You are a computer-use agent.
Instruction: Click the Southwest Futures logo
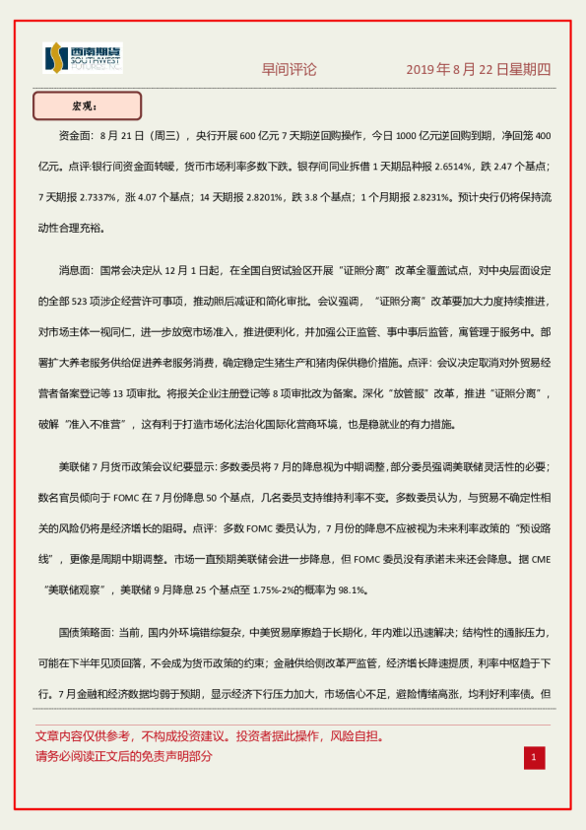pyautogui.click(x=83, y=58)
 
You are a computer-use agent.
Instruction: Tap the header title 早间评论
pyautogui.click(x=289, y=70)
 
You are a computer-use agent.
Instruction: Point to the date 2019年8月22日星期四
pyautogui.click(x=479, y=70)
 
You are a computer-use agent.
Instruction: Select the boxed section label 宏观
pyautogui.click(x=87, y=105)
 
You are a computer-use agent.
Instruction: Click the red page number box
pyautogui.click(x=533, y=756)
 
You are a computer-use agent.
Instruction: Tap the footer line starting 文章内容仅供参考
pyautogui.click(x=209, y=736)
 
